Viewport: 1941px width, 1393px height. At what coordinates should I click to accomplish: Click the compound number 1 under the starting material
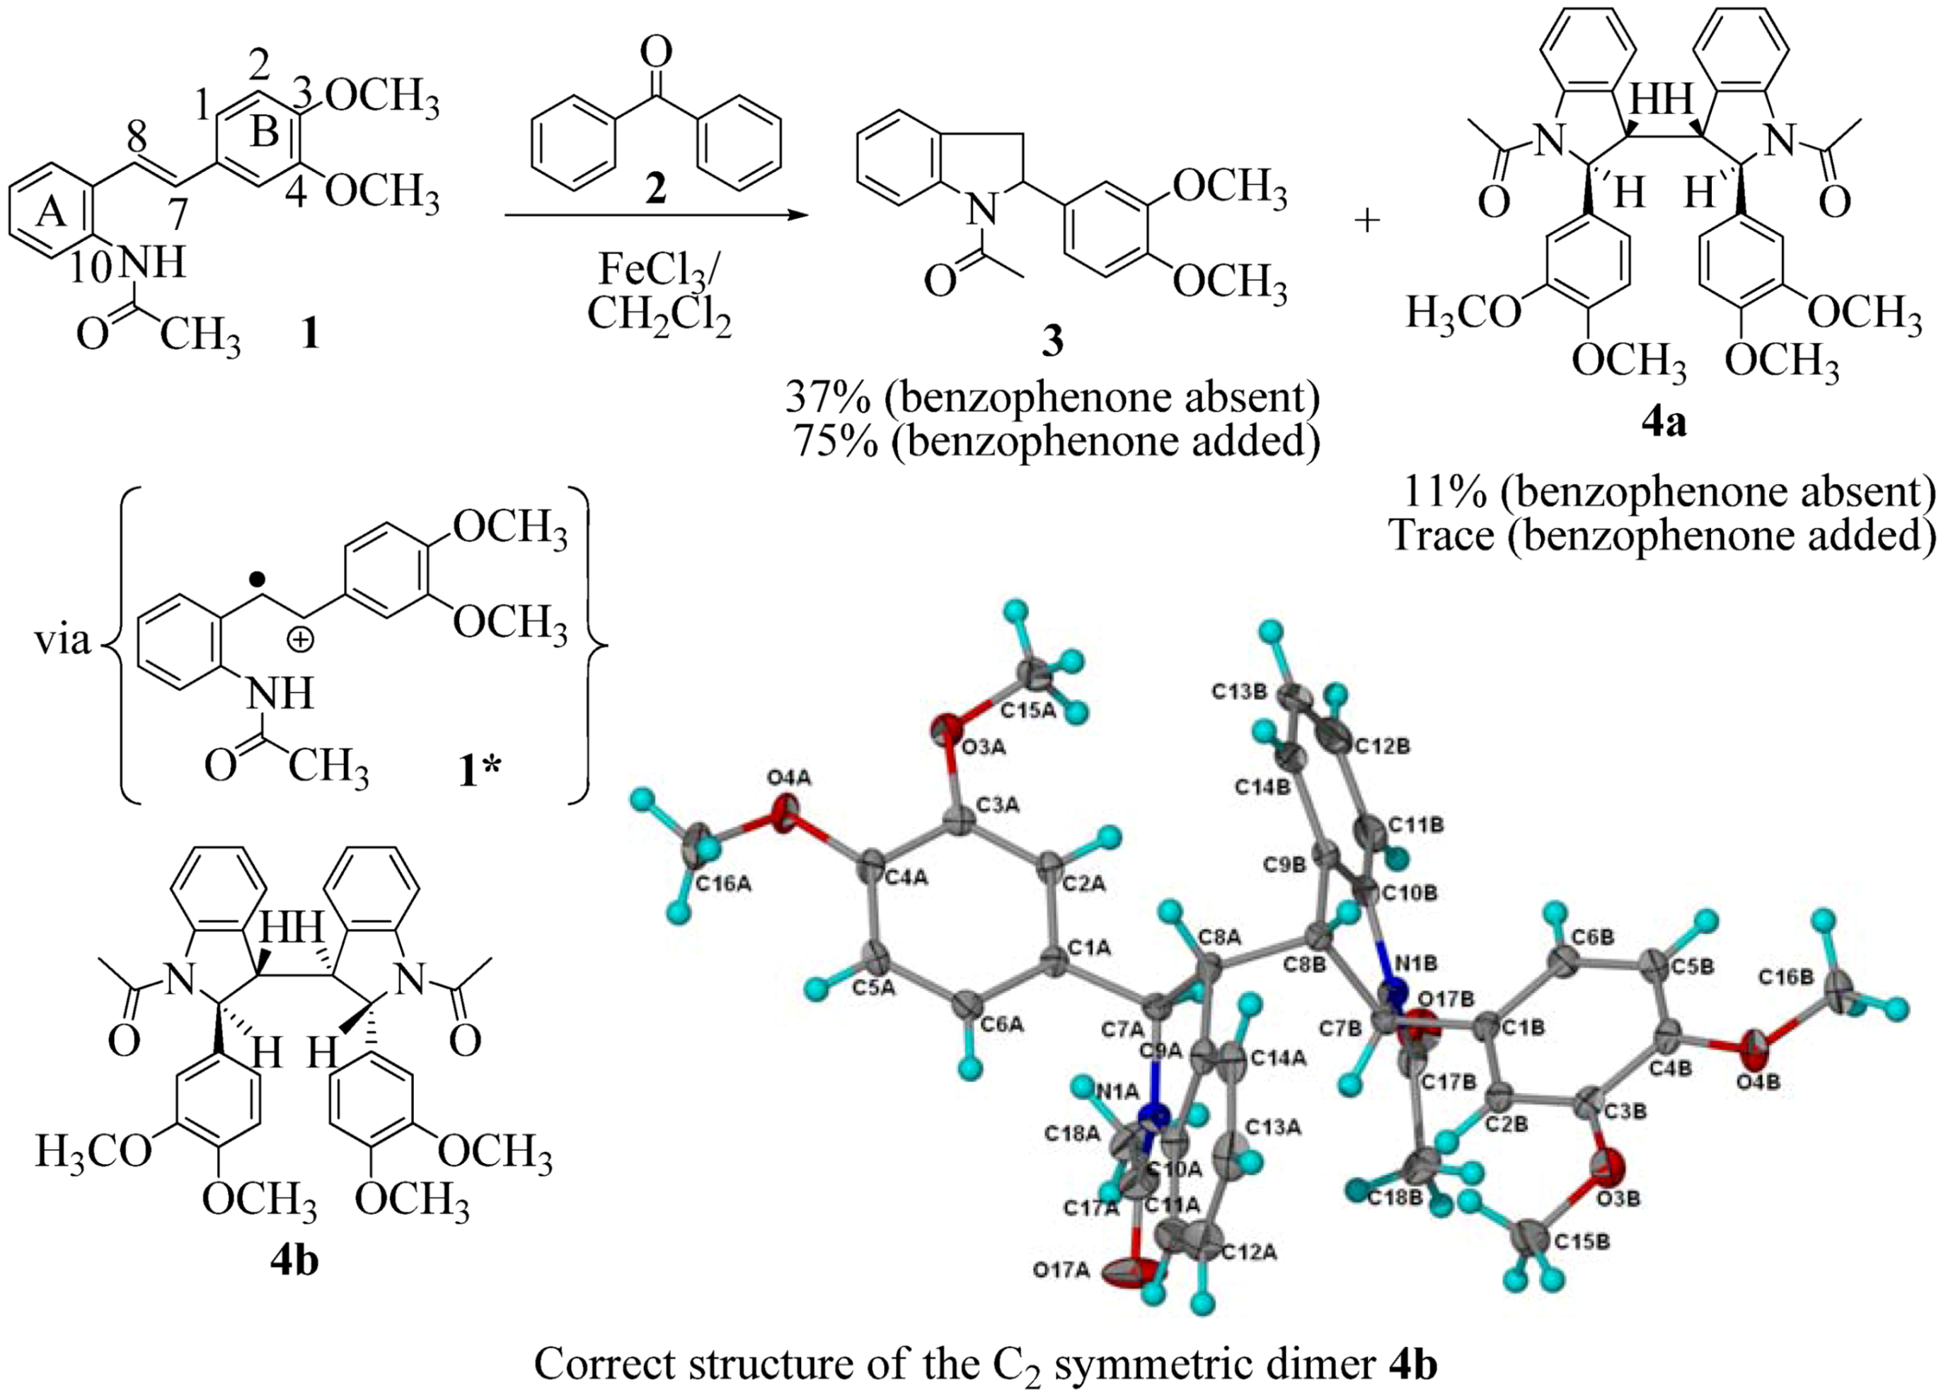point(309,335)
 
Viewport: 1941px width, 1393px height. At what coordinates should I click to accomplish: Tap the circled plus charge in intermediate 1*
point(299,641)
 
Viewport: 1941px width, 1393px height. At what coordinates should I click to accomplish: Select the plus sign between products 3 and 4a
point(1368,221)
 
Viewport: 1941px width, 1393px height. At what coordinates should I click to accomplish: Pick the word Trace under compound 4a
point(1441,535)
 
